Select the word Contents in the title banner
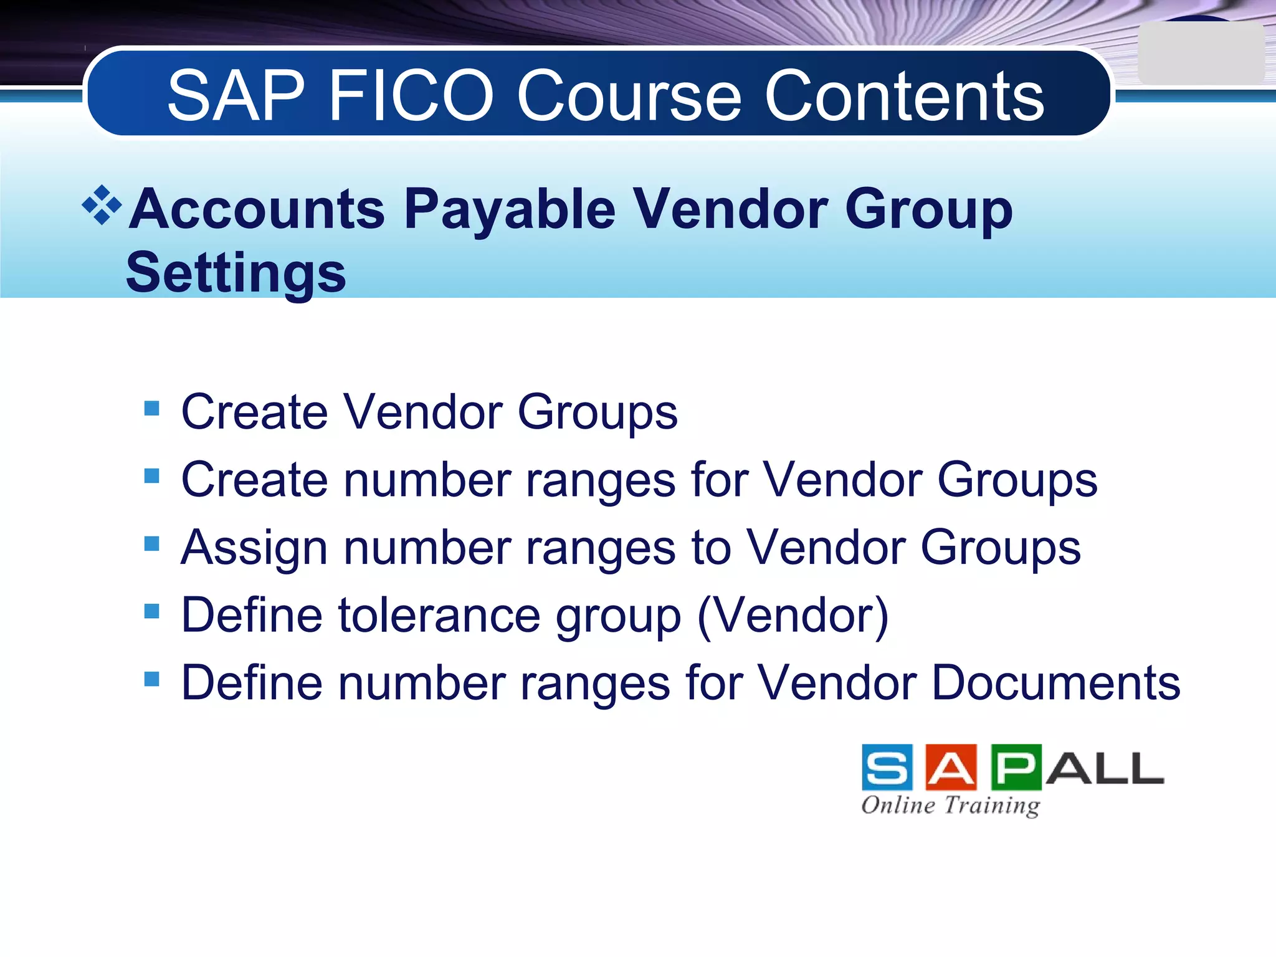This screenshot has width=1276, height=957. click(904, 96)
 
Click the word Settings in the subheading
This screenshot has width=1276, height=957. click(236, 272)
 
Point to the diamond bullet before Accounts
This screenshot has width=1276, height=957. click(102, 204)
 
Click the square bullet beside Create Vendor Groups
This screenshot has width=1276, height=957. click(151, 409)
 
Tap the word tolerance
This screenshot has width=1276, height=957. click(439, 616)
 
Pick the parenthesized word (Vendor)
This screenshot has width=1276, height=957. click(793, 616)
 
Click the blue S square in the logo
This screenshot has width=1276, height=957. click(887, 767)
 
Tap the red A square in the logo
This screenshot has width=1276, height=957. click(951, 767)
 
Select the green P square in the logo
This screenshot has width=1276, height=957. click(1016, 767)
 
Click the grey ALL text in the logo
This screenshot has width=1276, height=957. click(1105, 768)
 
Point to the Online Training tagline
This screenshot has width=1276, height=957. click(951, 805)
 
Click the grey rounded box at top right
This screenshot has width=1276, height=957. click(1200, 54)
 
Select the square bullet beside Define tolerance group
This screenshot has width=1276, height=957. click(151, 611)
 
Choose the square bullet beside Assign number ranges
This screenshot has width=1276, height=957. click(151, 544)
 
